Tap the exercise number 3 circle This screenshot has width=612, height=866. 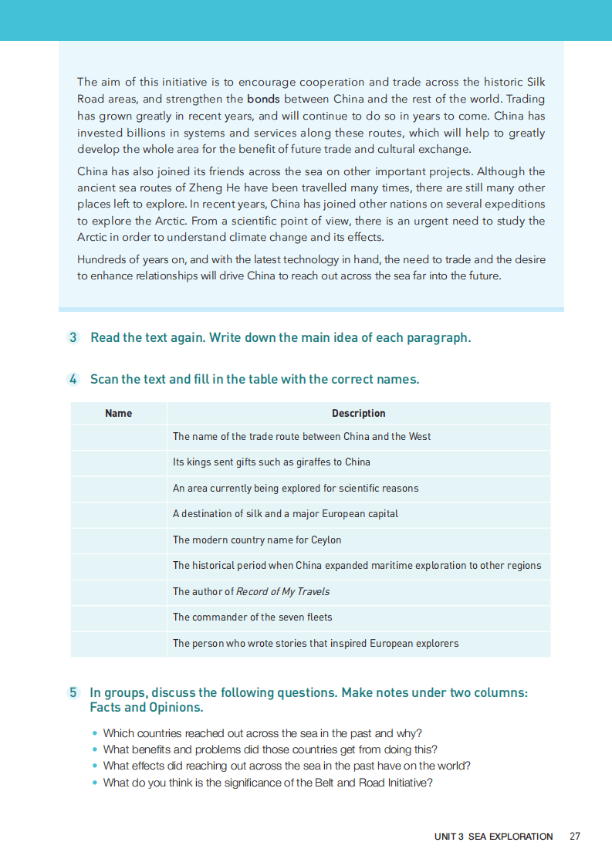coord(73,337)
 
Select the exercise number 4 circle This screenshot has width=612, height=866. coord(73,379)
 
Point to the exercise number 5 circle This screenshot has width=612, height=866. coord(73,692)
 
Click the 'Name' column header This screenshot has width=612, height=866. coord(118,413)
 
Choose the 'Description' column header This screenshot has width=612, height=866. coord(358,413)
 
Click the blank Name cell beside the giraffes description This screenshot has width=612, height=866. coord(118,462)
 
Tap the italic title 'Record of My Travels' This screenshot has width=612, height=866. coord(282,591)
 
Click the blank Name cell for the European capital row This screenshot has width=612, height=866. coord(118,514)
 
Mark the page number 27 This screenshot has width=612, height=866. coord(574,836)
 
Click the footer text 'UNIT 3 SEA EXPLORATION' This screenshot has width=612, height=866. coord(493,836)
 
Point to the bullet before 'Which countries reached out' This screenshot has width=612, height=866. coord(95,733)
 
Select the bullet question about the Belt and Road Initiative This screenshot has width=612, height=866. coord(268,782)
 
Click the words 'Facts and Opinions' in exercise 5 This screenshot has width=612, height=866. coord(147,707)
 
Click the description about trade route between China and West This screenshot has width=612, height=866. coord(302,436)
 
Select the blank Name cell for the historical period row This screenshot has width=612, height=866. coord(118,566)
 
